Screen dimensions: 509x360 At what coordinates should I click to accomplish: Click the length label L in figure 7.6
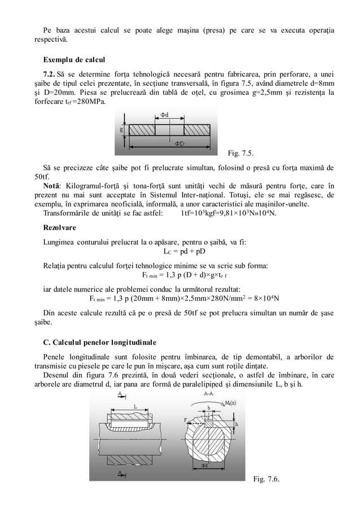click(x=135, y=406)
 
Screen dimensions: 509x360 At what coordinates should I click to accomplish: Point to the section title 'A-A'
click(x=208, y=393)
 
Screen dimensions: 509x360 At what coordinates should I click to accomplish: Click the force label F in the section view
click(x=185, y=419)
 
